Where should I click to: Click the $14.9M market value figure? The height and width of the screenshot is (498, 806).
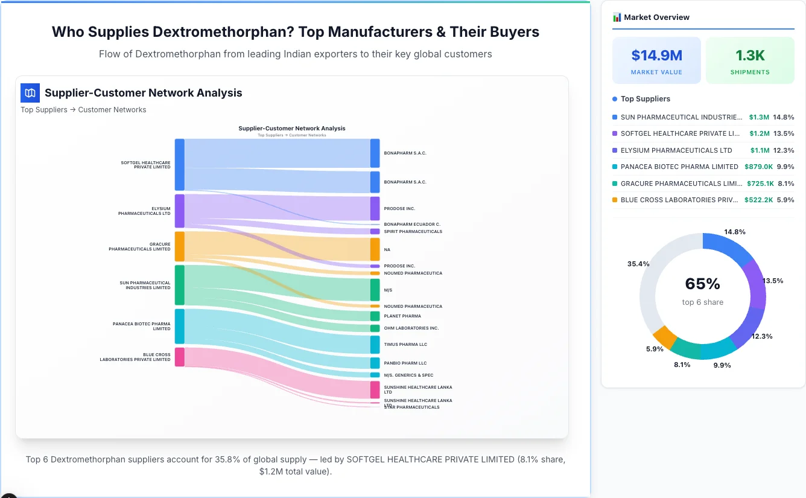click(x=656, y=56)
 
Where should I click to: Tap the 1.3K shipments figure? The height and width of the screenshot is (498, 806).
click(x=750, y=56)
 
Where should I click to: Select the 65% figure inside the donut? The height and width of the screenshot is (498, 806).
click(x=702, y=284)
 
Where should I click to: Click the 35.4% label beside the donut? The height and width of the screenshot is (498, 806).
click(x=638, y=264)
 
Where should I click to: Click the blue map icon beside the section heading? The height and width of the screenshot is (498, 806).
click(x=30, y=93)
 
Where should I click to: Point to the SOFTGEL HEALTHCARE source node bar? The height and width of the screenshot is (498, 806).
click(x=180, y=164)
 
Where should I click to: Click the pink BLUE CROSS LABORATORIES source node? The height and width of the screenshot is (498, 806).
click(x=180, y=357)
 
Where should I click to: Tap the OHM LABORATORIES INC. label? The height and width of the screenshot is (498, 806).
click(x=411, y=328)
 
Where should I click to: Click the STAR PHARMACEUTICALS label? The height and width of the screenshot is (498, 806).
click(x=411, y=407)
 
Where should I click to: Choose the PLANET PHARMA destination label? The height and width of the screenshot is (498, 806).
click(x=402, y=316)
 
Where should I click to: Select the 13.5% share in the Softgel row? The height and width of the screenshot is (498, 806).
click(x=784, y=133)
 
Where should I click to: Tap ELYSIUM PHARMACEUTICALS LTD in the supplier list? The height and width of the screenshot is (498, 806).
click(x=676, y=150)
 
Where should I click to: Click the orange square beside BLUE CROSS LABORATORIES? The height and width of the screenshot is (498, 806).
click(x=615, y=200)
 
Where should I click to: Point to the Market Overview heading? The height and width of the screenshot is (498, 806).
click(x=656, y=18)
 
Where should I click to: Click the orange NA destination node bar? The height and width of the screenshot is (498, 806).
click(x=375, y=249)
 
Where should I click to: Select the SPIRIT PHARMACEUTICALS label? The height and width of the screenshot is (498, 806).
click(x=413, y=232)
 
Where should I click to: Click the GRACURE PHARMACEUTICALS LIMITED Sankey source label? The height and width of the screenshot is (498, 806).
click(x=139, y=247)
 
